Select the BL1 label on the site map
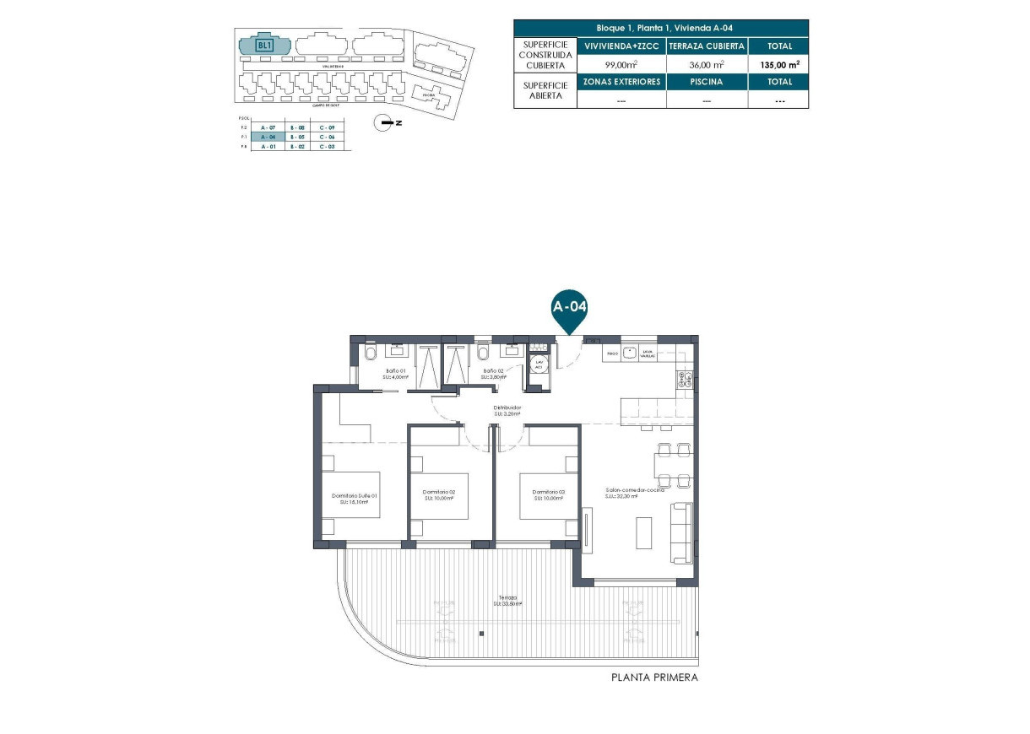point(264,46)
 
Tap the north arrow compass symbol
point(387,123)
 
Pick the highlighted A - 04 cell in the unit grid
point(268,137)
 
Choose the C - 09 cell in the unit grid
point(327,127)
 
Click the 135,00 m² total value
point(778,63)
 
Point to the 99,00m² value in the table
point(621,63)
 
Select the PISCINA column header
point(707,82)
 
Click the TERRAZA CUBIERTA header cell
point(707,46)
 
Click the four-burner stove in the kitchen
point(684,381)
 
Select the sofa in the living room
point(680,533)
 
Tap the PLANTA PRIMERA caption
point(654,677)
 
